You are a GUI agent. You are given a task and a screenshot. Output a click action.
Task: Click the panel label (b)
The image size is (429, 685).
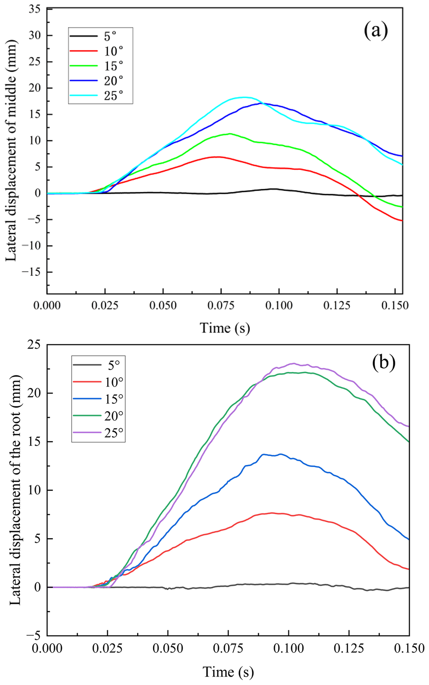pos(383,363)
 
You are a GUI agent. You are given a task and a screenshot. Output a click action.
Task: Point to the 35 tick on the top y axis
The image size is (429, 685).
pos(35,9)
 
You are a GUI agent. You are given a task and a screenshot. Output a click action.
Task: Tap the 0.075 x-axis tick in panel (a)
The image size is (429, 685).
pos(220,305)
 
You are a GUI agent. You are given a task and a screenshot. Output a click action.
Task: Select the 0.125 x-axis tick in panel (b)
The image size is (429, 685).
pos(349,648)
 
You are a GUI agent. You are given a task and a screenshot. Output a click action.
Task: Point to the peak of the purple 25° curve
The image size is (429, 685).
pos(293,363)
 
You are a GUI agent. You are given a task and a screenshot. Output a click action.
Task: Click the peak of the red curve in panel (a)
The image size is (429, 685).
pos(217,157)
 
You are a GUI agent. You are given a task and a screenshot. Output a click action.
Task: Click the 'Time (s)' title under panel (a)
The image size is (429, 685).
pos(225,328)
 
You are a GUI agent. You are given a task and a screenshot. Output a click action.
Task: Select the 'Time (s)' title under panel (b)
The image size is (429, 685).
pos(228,672)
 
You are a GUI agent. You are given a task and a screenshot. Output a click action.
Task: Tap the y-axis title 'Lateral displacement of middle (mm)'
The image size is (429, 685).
pos(11,150)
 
